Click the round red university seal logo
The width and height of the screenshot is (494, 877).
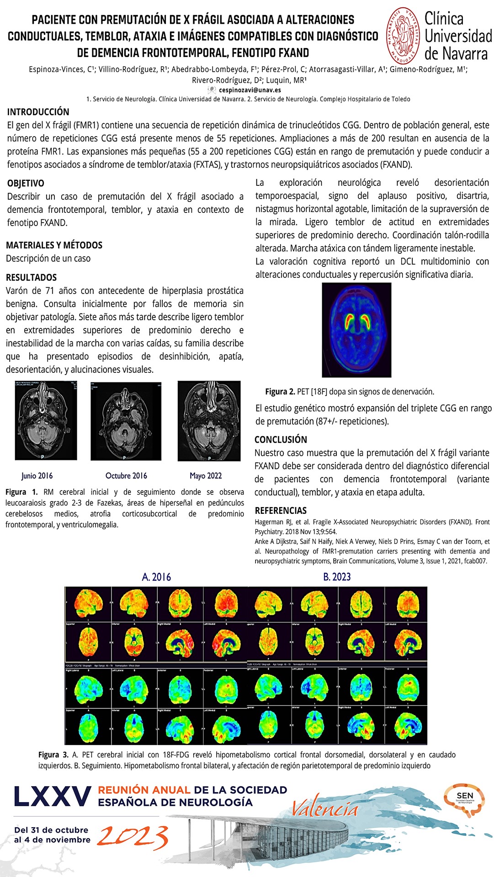point(404,36)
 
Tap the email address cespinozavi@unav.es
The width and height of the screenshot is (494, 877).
point(250,90)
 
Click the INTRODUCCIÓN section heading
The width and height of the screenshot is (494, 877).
point(38,112)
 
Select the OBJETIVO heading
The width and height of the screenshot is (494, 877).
point(26,183)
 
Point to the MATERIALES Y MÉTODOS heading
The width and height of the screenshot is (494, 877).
point(54,245)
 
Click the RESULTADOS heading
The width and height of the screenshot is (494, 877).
point(31,277)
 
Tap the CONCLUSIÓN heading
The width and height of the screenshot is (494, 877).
point(281,439)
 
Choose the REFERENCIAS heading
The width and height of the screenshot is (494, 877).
point(281,511)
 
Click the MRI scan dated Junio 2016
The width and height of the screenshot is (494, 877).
point(46,420)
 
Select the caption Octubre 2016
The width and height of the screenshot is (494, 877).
point(126,475)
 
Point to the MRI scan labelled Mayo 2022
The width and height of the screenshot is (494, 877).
point(209,420)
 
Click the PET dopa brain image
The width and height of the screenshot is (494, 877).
point(356,330)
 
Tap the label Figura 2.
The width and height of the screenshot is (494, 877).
point(280,391)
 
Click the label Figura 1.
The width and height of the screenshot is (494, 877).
point(21,492)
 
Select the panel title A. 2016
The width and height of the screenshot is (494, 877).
point(156,577)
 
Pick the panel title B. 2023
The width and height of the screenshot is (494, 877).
point(337,577)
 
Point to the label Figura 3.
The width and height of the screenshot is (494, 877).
point(53,755)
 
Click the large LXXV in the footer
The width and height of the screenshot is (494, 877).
point(52,797)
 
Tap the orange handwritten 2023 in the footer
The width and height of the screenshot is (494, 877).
point(133,837)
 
